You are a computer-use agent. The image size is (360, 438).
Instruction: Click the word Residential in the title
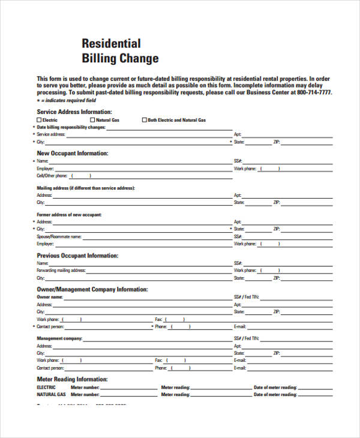coord(111,44)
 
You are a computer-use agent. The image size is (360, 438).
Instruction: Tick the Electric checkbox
coord(40,120)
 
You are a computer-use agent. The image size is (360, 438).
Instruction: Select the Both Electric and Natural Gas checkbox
coord(144,120)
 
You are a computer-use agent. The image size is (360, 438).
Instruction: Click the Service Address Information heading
coord(74,112)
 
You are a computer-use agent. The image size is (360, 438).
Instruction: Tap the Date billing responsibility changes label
coord(71,127)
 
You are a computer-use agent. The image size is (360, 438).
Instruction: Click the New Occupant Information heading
coord(73,154)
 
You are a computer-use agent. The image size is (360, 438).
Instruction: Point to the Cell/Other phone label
coord(52,176)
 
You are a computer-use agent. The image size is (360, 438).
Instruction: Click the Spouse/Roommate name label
coord(59,236)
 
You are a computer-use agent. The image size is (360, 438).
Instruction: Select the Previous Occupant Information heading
coord(78,256)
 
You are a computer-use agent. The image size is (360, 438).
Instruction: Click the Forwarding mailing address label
coord(61,271)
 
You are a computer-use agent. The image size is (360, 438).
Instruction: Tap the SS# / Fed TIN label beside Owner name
coord(247,297)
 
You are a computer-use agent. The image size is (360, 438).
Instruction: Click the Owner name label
coord(50,297)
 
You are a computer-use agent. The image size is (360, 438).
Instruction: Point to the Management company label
coord(59,338)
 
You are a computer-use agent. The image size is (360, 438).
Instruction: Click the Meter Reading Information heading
coord(73,379)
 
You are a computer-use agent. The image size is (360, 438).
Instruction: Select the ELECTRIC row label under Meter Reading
coord(46,388)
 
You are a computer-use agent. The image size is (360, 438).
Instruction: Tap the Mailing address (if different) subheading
coord(86,188)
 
